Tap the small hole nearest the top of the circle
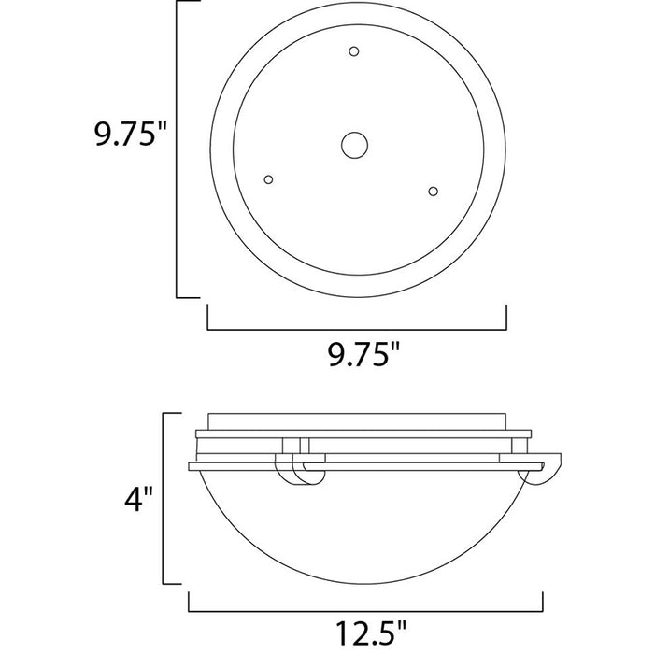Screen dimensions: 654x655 coord(353,50)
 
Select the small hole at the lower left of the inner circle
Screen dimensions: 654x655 coord(269,178)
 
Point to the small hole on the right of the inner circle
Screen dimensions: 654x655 coord(433,191)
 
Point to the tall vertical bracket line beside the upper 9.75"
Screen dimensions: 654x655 coord(178,149)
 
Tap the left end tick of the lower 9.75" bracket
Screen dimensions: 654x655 coord(206,318)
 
